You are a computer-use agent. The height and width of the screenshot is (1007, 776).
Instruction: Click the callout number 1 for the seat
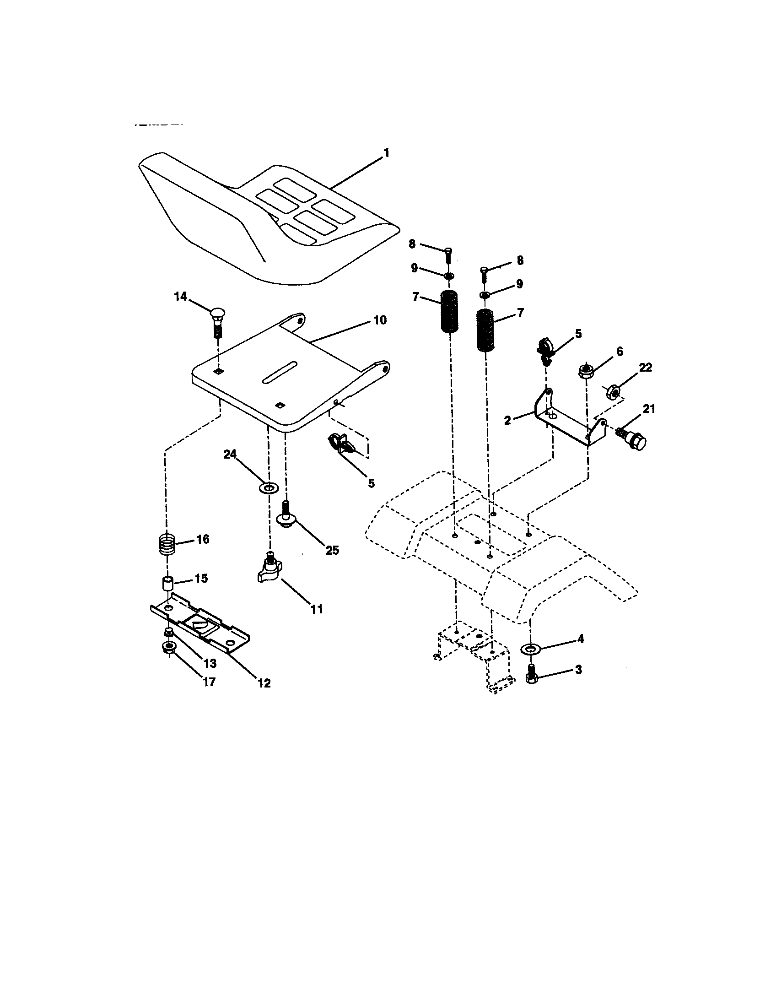point(386,152)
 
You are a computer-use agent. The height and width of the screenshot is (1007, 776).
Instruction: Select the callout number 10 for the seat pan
point(380,320)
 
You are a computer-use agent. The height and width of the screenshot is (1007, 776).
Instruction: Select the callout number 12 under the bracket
point(264,683)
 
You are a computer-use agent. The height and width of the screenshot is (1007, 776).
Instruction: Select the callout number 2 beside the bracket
point(507,420)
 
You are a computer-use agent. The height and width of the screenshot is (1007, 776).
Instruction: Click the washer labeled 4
point(530,649)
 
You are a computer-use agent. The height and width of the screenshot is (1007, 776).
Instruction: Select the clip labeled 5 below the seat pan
point(339,443)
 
